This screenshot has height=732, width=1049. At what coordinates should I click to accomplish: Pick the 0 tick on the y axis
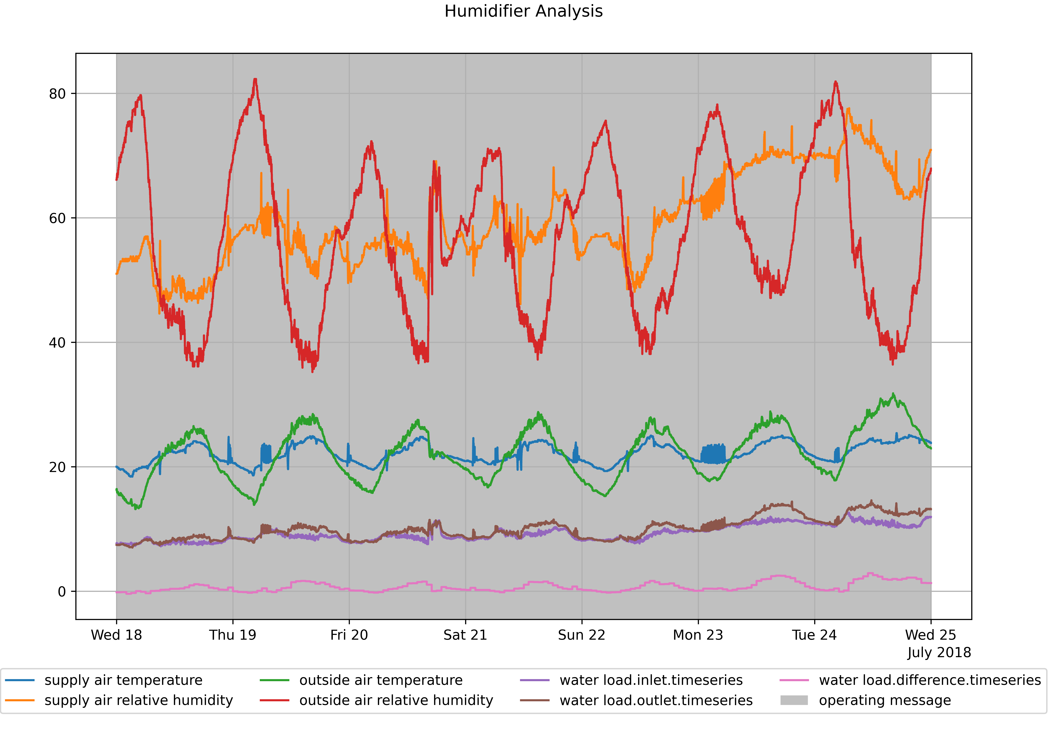click(x=62, y=592)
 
